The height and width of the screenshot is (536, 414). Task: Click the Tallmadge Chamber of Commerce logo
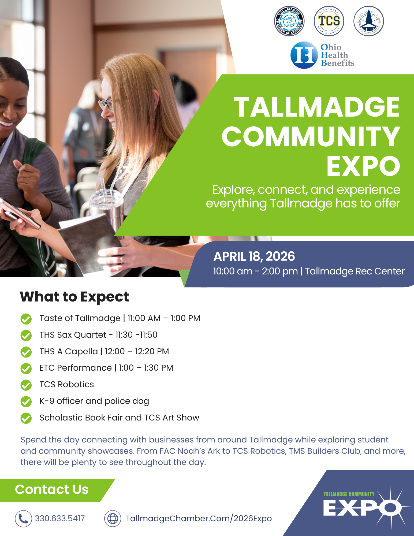pyautogui.click(x=289, y=21)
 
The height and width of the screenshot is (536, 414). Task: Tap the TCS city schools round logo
pyautogui.click(x=329, y=21)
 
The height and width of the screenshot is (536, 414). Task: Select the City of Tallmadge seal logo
pyautogui.click(x=369, y=21)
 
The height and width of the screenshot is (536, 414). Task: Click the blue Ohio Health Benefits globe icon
pyautogui.click(x=304, y=55)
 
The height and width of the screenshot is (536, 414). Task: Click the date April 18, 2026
pyautogui.click(x=254, y=256)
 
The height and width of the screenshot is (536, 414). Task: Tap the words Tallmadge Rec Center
pyautogui.click(x=355, y=271)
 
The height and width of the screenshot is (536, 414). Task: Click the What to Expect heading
pyautogui.click(x=74, y=297)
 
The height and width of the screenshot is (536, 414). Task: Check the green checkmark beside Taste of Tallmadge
pyautogui.click(x=26, y=319)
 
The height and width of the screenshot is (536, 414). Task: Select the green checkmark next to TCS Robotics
pyautogui.click(x=26, y=385)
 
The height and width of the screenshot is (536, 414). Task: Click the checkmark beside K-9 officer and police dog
pyautogui.click(x=26, y=402)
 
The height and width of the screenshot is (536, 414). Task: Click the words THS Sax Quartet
pyautogui.click(x=73, y=335)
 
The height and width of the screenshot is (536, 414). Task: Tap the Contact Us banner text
pyautogui.click(x=52, y=489)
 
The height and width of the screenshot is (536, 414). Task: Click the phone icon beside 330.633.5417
pyautogui.click(x=23, y=519)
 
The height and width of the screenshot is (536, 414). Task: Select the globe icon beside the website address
pyautogui.click(x=113, y=519)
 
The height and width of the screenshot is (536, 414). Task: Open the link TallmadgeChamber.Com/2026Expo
pyautogui.click(x=199, y=519)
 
